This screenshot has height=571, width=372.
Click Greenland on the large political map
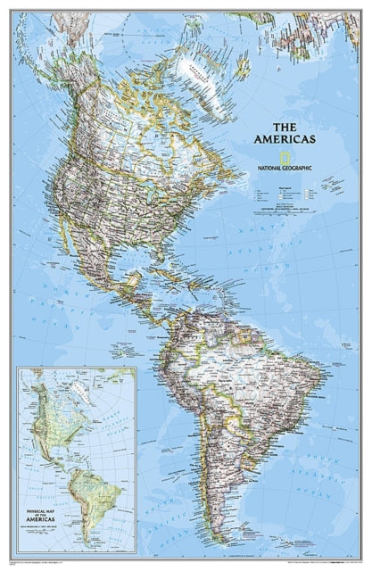211,62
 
